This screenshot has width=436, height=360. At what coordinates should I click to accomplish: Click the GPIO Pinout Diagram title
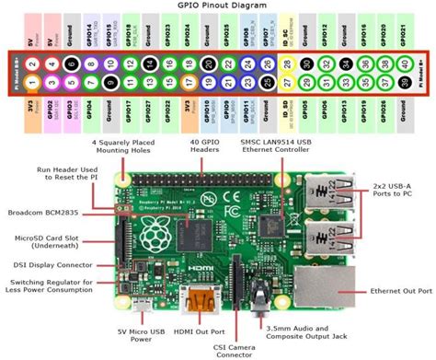point(217,6)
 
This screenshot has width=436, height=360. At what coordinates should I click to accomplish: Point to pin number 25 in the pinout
point(267,83)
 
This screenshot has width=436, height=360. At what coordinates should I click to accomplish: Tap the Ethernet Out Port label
point(399,291)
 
